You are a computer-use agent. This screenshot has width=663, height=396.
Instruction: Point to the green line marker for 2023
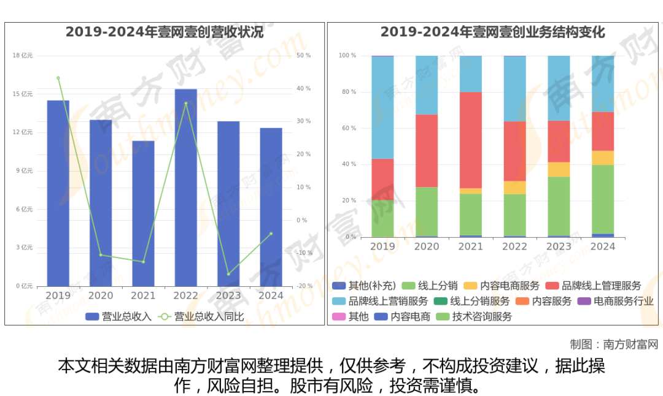[228, 274]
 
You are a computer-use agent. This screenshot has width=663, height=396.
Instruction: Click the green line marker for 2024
[271, 234]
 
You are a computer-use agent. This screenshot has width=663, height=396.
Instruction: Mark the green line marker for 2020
[101, 255]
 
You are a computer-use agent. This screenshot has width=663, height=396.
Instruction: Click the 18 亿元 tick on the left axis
[23, 56]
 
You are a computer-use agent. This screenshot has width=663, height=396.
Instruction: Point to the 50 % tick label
[304, 56]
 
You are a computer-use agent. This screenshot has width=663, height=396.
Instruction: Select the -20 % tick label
[304, 286]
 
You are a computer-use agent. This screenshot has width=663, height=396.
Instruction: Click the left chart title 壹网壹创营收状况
[165, 32]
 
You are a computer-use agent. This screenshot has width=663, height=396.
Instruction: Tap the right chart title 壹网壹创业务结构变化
[492, 32]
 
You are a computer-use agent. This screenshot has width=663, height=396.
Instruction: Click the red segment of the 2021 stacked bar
[470, 140]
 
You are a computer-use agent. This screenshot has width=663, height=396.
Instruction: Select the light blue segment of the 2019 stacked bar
[382, 107]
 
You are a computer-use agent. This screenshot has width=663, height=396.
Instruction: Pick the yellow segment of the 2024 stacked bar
[602, 158]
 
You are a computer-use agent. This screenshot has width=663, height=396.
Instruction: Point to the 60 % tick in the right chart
[347, 128]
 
